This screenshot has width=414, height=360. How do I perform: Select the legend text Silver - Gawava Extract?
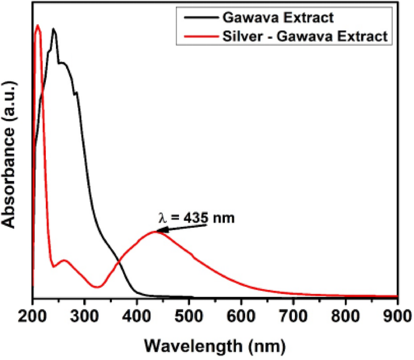tap(305, 36)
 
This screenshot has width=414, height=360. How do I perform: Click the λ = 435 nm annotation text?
tap(196, 218)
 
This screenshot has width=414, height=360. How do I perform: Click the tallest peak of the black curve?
tap(54, 29)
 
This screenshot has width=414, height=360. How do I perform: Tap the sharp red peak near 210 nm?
tap(38, 26)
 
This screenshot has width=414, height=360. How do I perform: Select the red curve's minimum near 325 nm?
tap(97, 287)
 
